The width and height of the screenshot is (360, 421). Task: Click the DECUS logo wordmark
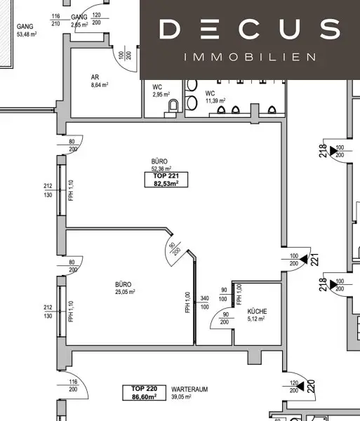tap(249, 29)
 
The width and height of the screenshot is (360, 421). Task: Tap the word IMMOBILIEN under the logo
tap(249, 57)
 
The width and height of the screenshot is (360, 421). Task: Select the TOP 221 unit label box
tap(166, 180)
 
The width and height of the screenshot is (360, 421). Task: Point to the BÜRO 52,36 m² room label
tap(162, 165)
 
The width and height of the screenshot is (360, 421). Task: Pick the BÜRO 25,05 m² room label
tap(125, 288)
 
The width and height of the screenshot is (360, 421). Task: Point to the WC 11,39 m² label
tap(215, 97)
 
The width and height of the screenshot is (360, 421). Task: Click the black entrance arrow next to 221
tap(303, 259)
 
